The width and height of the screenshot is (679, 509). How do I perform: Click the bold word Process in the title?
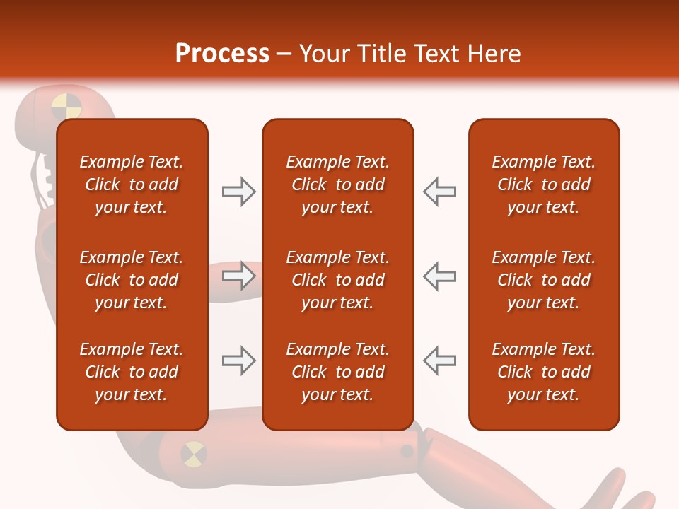(x=222, y=54)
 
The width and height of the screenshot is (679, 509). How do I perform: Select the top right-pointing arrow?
(x=238, y=192)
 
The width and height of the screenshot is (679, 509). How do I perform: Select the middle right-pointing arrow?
(x=238, y=276)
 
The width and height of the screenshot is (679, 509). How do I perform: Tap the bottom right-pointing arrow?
(x=238, y=361)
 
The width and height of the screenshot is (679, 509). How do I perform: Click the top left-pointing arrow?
(x=440, y=192)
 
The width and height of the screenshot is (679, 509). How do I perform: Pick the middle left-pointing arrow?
(x=440, y=276)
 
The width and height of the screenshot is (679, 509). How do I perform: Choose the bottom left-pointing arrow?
(x=440, y=361)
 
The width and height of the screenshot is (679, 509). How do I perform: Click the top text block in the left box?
(x=132, y=185)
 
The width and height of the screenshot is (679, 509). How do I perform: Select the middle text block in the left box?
(x=132, y=280)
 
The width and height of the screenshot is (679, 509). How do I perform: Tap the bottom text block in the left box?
(x=132, y=372)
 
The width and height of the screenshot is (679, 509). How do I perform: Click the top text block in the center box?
(x=337, y=185)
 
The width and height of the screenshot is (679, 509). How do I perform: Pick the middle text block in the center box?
(x=337, y=280)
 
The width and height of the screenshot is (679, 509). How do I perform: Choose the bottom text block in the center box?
(x=337, y=372)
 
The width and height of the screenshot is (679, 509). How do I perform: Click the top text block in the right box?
(x=544, y=185)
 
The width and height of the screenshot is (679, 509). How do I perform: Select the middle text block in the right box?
(x=544, y=280)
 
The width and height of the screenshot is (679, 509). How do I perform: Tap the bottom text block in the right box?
(x=544, y=372)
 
